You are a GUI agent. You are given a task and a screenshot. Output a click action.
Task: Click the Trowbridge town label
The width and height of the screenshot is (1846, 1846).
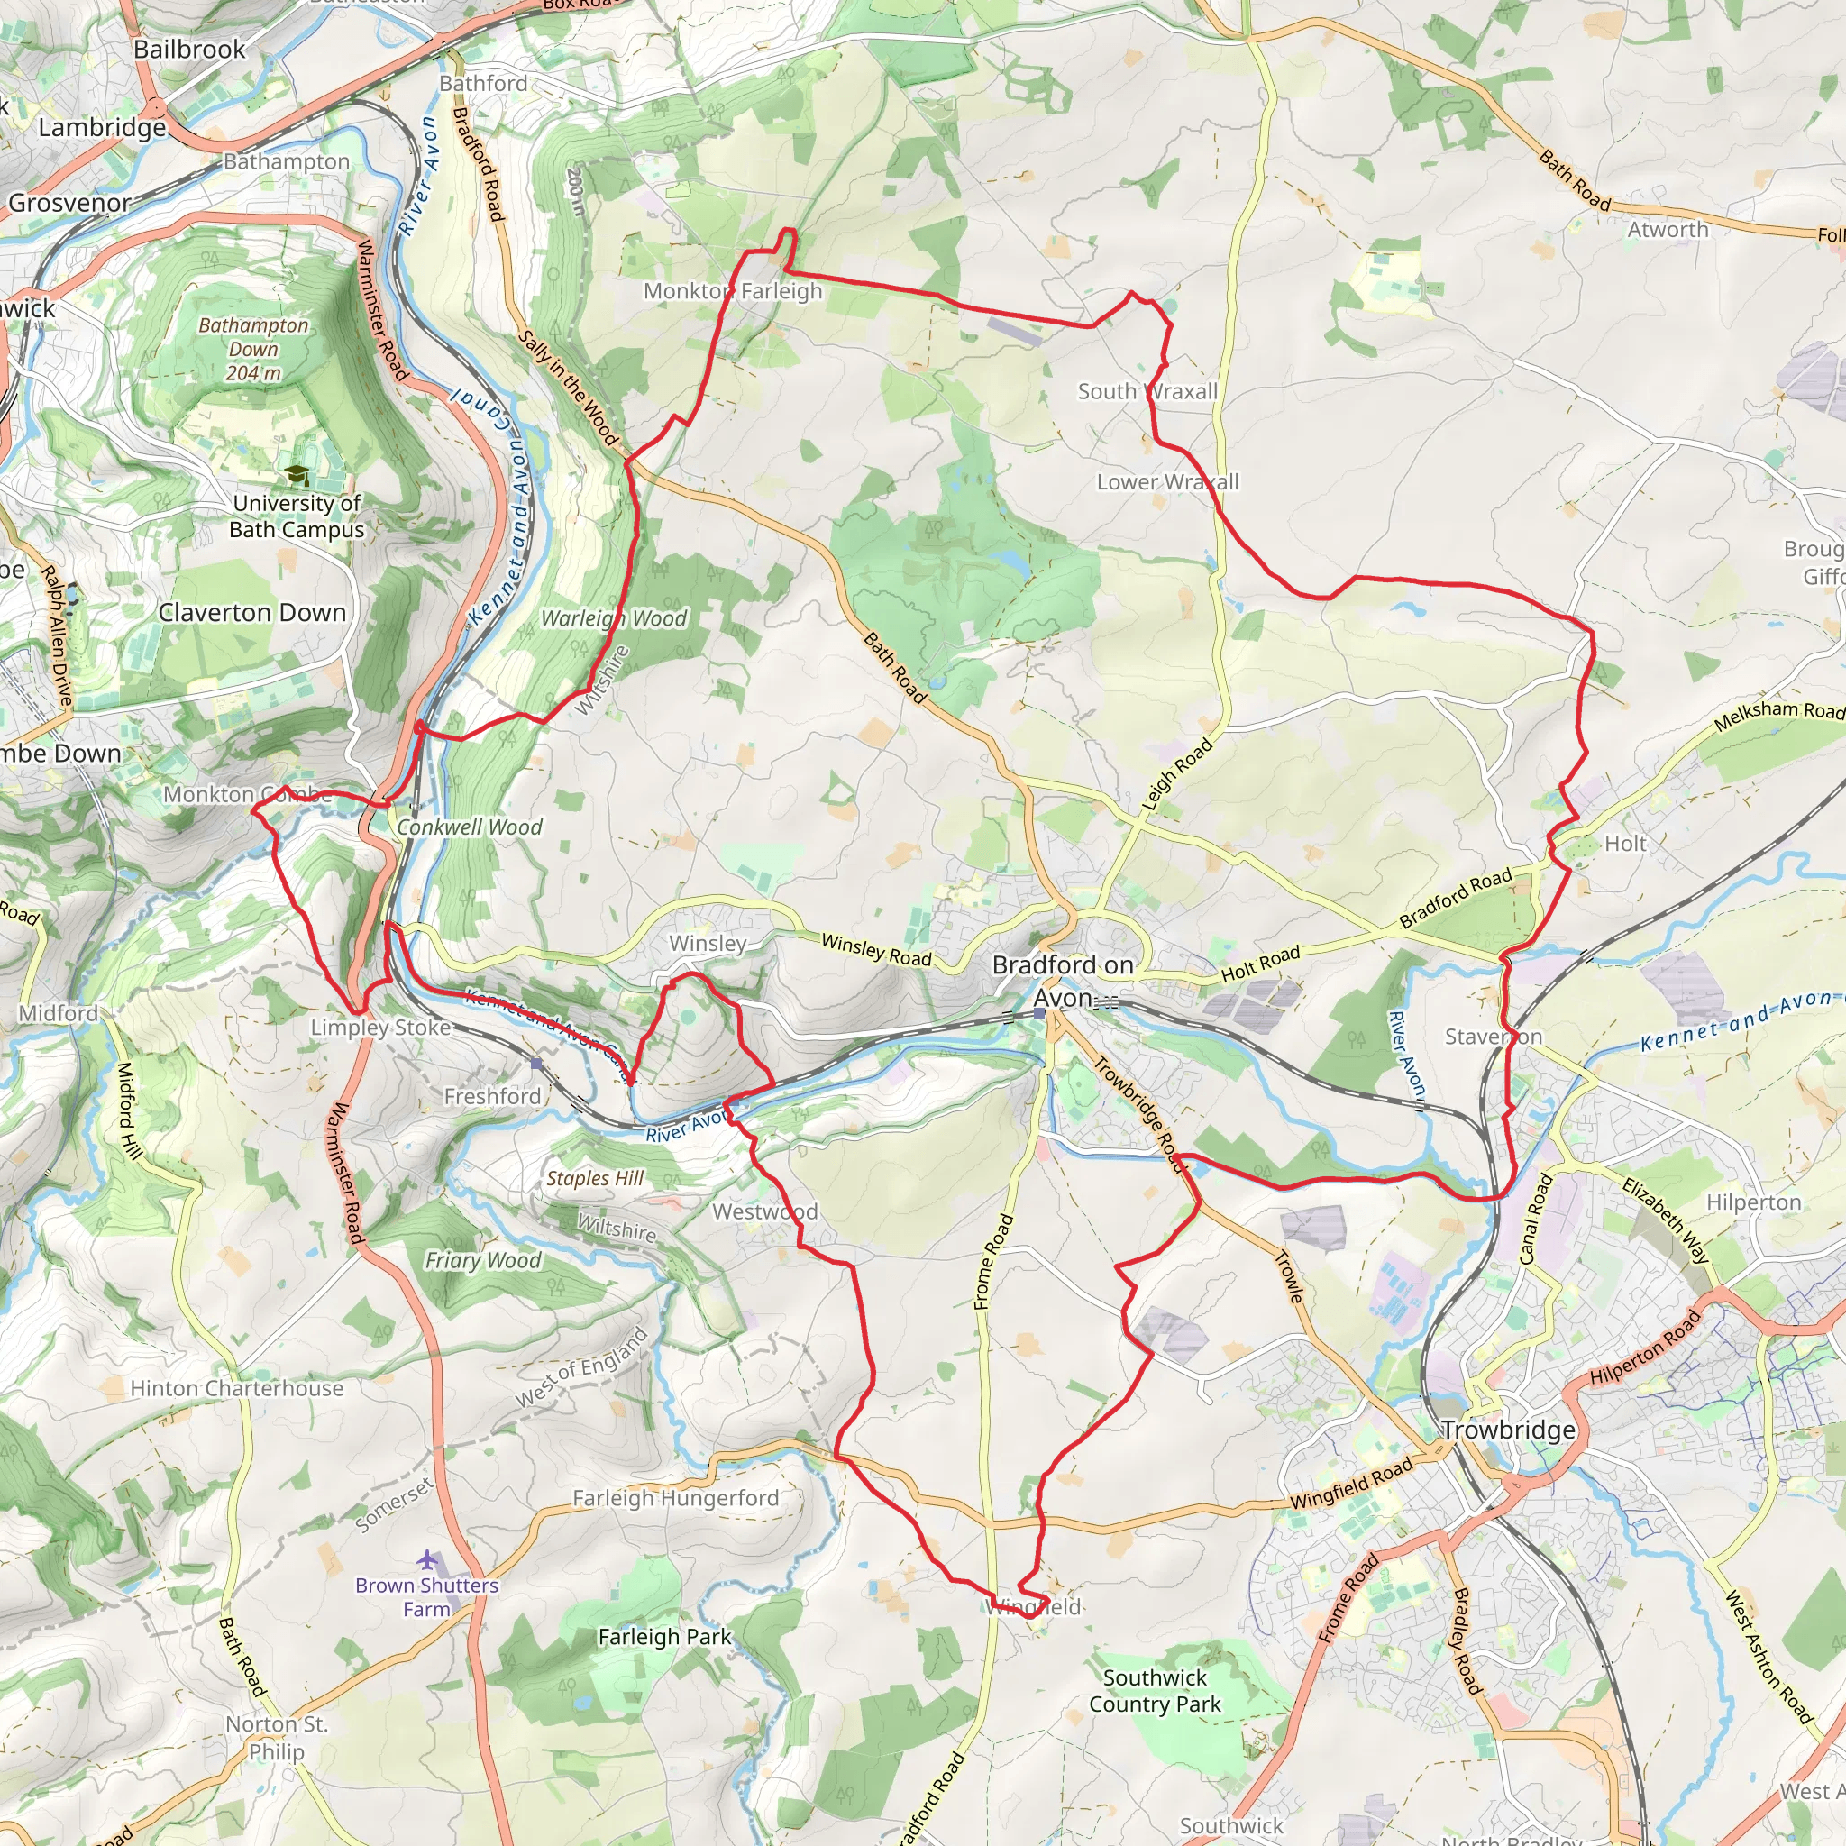click(1508, 1430)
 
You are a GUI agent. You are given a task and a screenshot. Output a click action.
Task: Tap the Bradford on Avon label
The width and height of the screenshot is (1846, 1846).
click(1063, 981)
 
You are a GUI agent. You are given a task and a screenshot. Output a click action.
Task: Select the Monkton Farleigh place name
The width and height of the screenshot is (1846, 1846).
click(732, 290)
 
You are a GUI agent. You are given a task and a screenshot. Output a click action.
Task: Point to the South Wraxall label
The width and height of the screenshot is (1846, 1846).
click(1147, 391)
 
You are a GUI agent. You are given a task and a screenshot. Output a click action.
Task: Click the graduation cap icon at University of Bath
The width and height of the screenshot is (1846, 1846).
click(297, 475)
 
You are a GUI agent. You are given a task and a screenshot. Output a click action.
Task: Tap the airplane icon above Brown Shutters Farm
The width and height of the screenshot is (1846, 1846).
click(427, 1559)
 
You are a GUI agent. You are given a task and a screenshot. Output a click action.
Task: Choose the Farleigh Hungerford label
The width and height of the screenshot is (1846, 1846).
click(674, 1497)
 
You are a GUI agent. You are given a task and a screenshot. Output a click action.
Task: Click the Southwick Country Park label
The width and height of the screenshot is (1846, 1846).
click(1155, 1690)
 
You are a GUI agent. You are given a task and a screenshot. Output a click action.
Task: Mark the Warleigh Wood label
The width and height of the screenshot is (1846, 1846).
click(614, 618)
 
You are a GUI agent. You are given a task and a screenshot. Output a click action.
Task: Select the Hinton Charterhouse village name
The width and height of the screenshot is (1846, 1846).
click(236, 1387)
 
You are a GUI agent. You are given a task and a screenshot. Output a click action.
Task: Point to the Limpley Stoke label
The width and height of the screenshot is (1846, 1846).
click(380, 1028)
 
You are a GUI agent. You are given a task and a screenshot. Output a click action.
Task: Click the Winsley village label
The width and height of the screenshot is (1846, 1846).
click(707, 942)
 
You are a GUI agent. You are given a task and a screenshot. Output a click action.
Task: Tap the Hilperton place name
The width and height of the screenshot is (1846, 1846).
click(1753, 1202)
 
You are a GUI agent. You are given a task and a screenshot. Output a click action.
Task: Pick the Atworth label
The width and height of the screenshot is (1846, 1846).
click(1668, 229)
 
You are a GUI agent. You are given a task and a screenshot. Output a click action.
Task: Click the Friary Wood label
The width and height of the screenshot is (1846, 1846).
click(482, 1260)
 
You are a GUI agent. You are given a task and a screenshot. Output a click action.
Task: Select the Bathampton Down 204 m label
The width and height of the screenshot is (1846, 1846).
click(253, 349)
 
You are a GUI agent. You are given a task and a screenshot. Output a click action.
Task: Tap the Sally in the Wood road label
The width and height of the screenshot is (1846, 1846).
click(570, 387)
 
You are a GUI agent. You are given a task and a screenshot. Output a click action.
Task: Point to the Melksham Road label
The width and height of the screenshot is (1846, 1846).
click(1777, 716)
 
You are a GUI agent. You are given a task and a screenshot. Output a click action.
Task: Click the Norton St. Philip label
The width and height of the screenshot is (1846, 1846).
click(276, 1737)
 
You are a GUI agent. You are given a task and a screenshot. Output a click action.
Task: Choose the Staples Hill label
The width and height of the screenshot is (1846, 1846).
click(594, 1178)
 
